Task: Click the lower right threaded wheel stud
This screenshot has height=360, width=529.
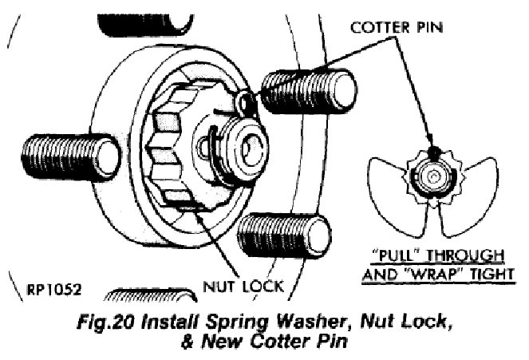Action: tap(285, 232)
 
